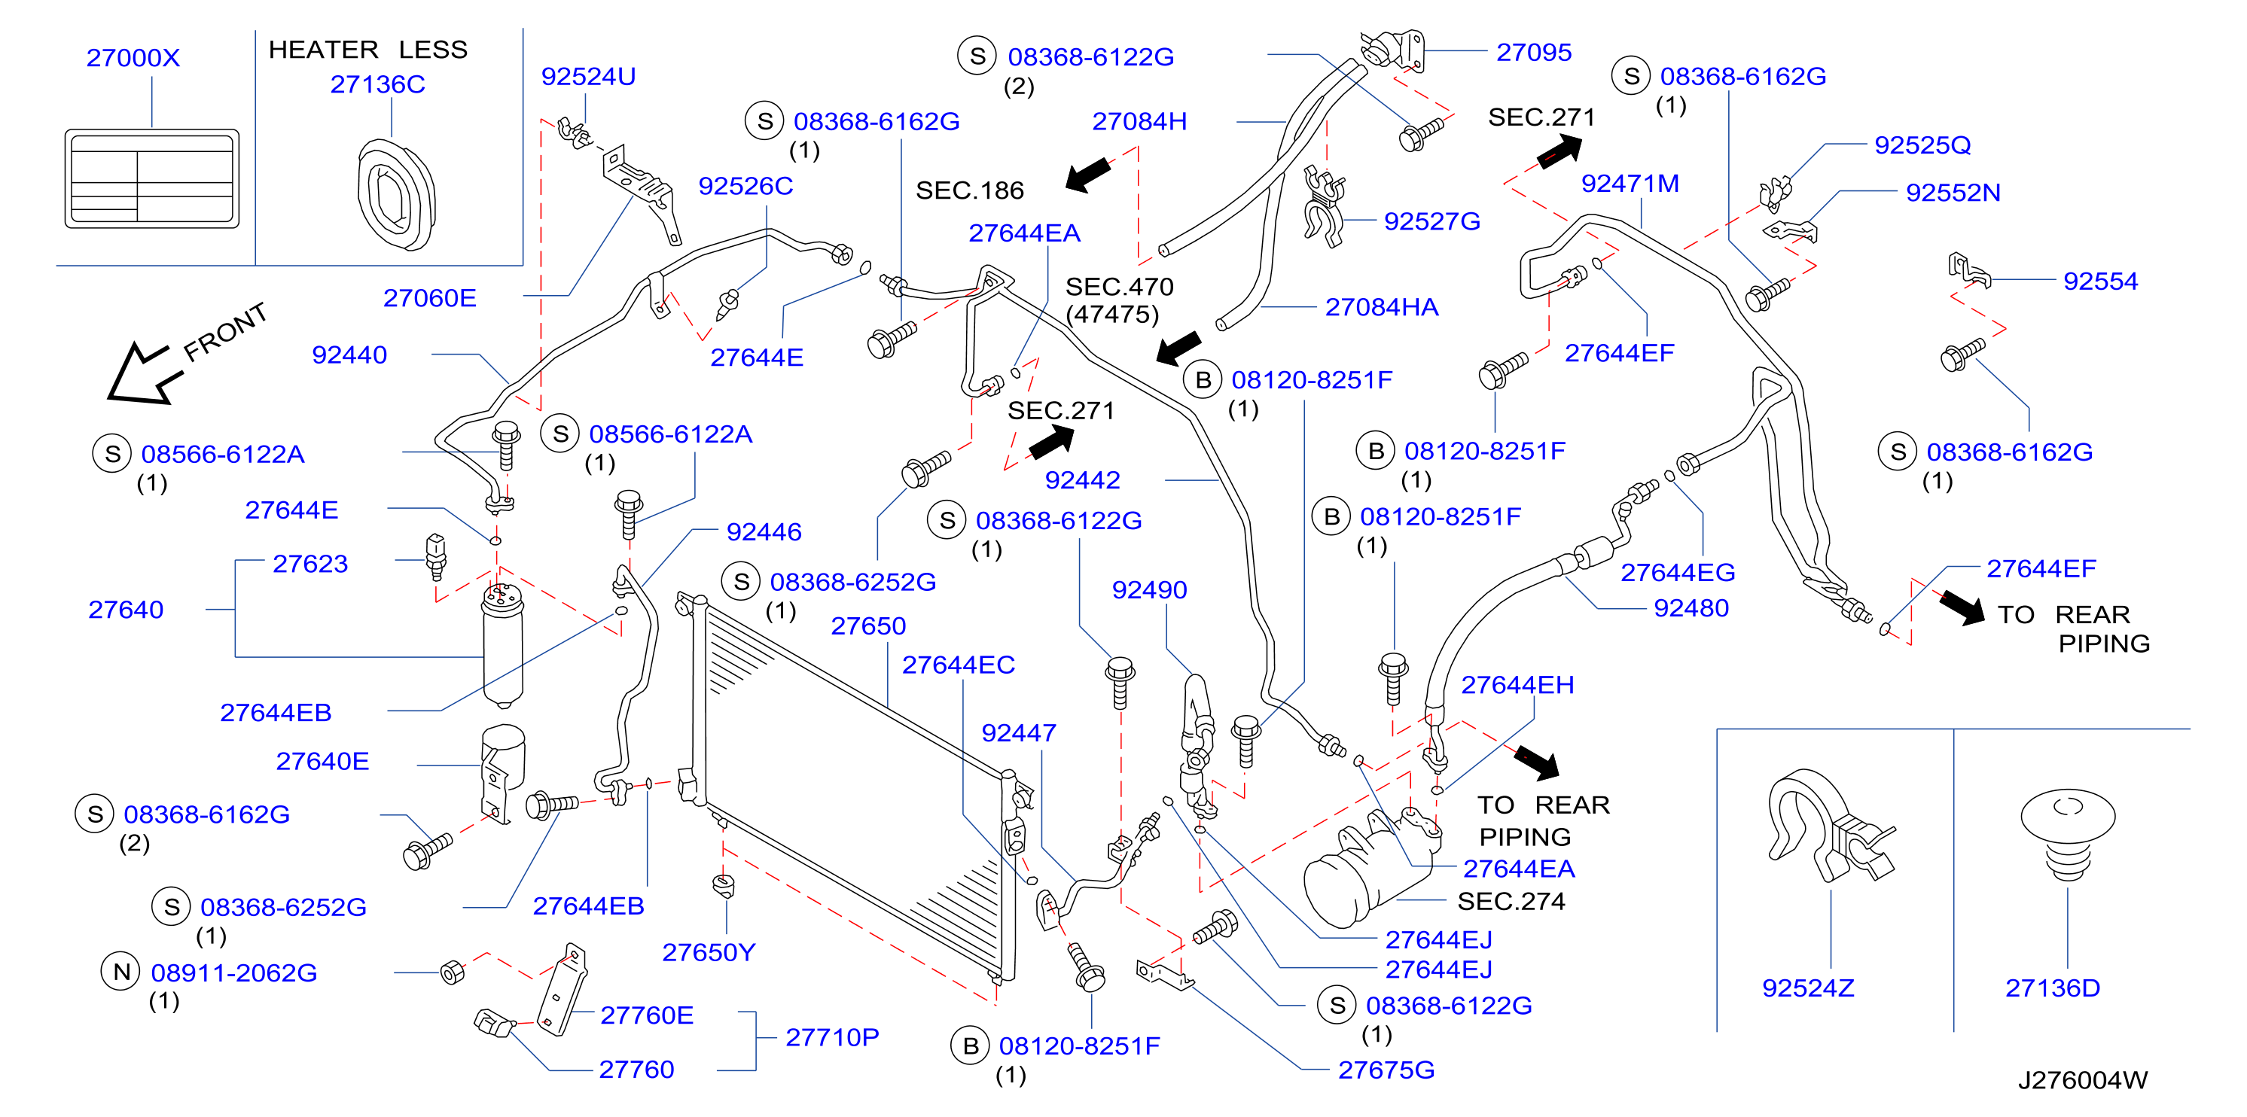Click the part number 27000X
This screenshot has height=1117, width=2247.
(x=133, y=57)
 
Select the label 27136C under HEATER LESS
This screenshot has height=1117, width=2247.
(x=378, y=84)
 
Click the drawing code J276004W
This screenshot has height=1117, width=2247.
(x=2082, y=1080)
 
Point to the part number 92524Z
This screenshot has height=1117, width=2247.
(x=1808, y=988)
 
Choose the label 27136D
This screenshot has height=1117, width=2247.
(x=2053, y=988)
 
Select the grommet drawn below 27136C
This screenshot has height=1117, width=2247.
(x=397, y=194)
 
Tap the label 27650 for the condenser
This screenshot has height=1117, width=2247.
(x=868, y=626)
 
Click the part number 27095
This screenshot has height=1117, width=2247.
(x=1533, y=53)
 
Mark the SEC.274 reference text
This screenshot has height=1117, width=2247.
(x=1511, y=901)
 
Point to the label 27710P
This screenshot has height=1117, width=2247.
(x=832, y=1038)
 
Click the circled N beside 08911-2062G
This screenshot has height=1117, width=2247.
(x=122, y=972)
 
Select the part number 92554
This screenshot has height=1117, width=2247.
(x=2100, y=281)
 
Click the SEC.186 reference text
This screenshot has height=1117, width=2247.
(x=969, y=190)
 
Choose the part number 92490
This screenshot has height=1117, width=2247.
(x=1149, y=590)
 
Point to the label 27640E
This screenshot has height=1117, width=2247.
(x=322, y=761)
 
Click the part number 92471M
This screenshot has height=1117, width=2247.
(x=1630, y=183)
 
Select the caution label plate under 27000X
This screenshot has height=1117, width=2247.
(x=152, y=178)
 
